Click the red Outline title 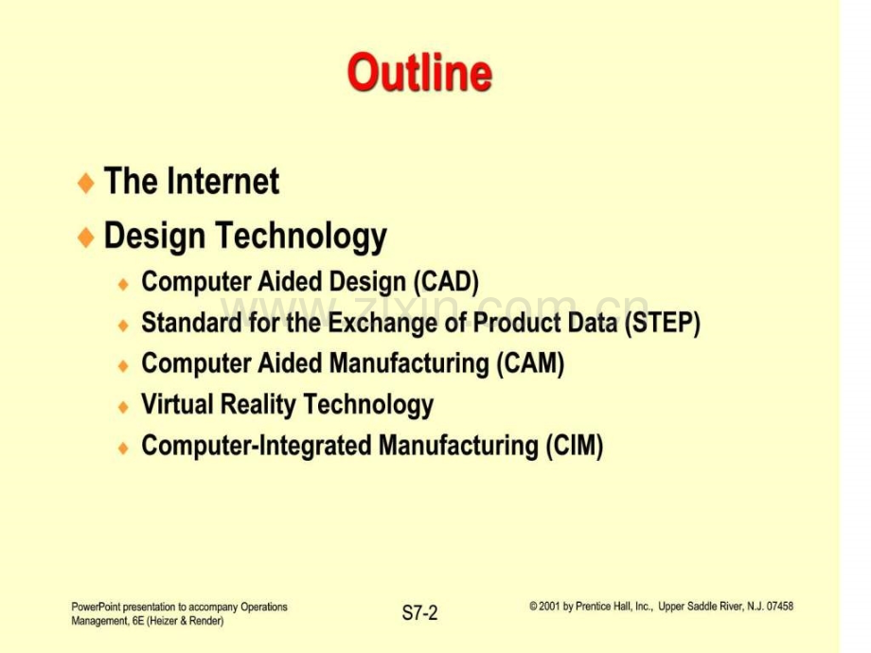(420, 72)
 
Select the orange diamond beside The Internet (86, 183)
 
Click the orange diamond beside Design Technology (86, 238)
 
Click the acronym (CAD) (446, 282)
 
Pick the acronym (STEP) (662, 323)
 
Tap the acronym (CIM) (575, 446)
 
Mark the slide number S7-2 (420, 613)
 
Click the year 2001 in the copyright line (549, 607)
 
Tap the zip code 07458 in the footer (780, 607)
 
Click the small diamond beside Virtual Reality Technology (123, 407)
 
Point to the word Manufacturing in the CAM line (409, 363)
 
